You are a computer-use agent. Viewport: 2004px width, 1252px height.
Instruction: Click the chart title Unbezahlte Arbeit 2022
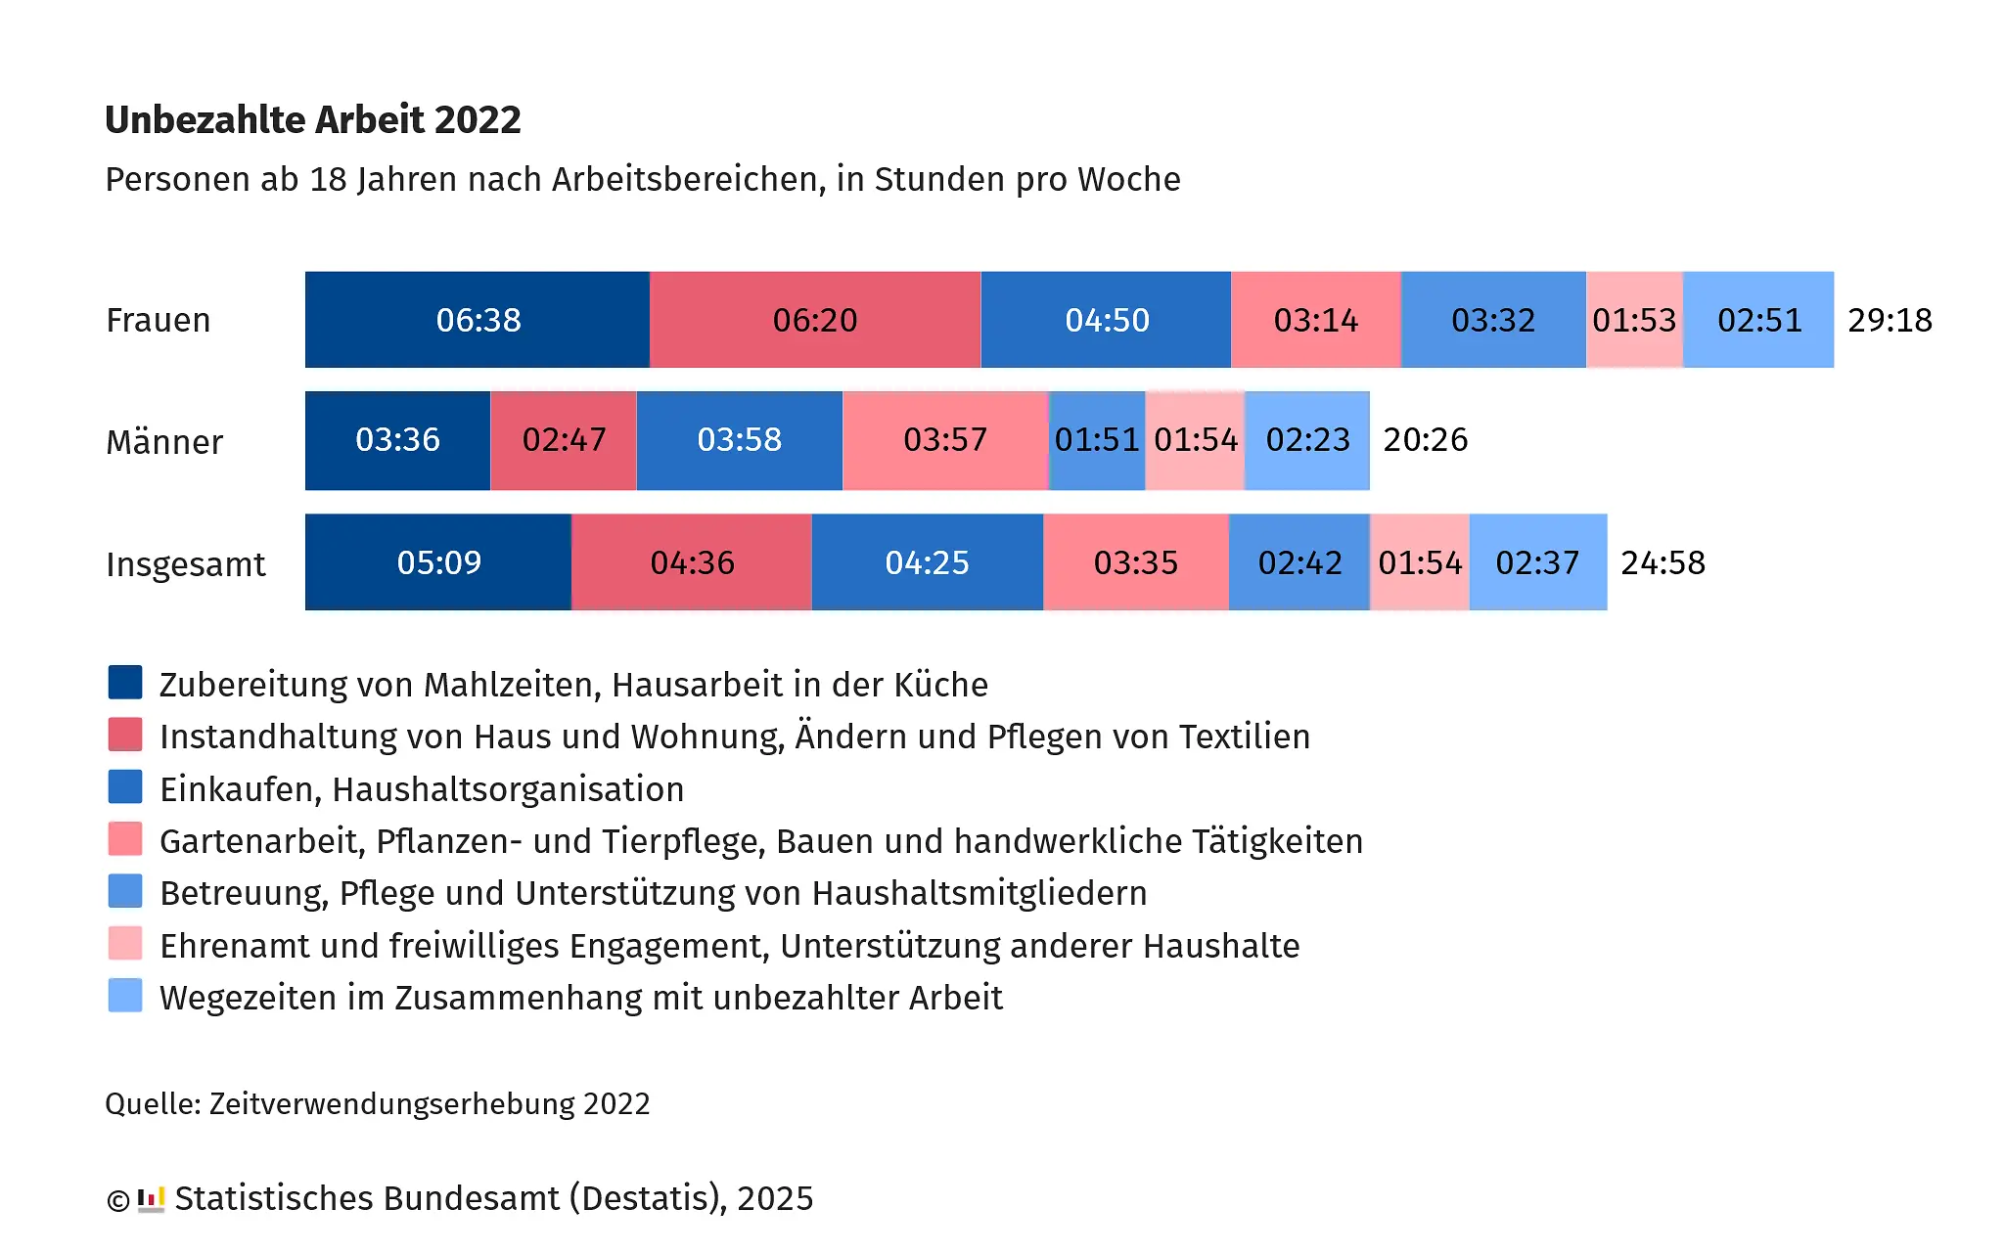tap(312, 119)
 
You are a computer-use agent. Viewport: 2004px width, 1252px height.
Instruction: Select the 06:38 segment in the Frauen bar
tap(478, 320)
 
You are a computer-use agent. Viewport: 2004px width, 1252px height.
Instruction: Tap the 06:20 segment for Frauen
tap(815, 320)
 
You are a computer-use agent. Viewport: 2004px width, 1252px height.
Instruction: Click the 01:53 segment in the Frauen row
tap(1634, 320)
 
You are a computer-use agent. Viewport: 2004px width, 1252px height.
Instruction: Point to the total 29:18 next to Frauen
tap(1890, 320)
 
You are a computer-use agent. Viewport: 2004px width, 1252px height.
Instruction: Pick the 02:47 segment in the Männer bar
tap(564, 440)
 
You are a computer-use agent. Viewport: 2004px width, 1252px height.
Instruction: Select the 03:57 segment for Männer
tap(945, 440)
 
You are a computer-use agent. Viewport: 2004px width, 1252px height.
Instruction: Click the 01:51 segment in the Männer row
tap(1097, 440)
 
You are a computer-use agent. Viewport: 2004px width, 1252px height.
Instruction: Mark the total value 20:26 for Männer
tap(1425, 440)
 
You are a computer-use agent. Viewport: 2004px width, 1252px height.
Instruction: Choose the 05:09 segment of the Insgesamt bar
tap(438, 562)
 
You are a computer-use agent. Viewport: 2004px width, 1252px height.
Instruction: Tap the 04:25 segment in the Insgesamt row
tap(927, 562)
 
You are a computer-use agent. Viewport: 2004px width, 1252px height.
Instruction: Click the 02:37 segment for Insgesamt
tap(1537, 562)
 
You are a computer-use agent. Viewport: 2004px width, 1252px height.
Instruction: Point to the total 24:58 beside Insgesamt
tap(1662, 562)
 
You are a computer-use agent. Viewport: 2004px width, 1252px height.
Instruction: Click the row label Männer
tap(164, 442)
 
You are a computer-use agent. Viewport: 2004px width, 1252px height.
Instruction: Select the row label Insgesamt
tap(186, 564)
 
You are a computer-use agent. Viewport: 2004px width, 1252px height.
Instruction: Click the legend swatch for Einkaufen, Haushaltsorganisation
tap(125, 787)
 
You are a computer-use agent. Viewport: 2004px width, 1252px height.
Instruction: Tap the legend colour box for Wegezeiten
tap(125, 996)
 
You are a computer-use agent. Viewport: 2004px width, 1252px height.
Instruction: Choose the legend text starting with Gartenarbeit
tap(760, 841)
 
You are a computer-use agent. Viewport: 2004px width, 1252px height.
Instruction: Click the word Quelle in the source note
tap(152, 1103)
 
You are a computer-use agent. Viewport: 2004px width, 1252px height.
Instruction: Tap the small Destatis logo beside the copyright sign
tap(151, 1199)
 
